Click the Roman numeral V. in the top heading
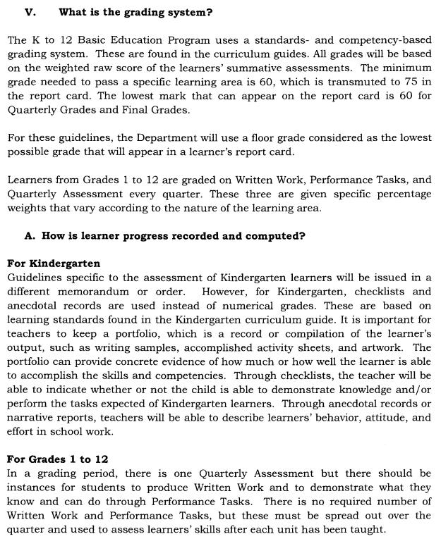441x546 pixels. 30,12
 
